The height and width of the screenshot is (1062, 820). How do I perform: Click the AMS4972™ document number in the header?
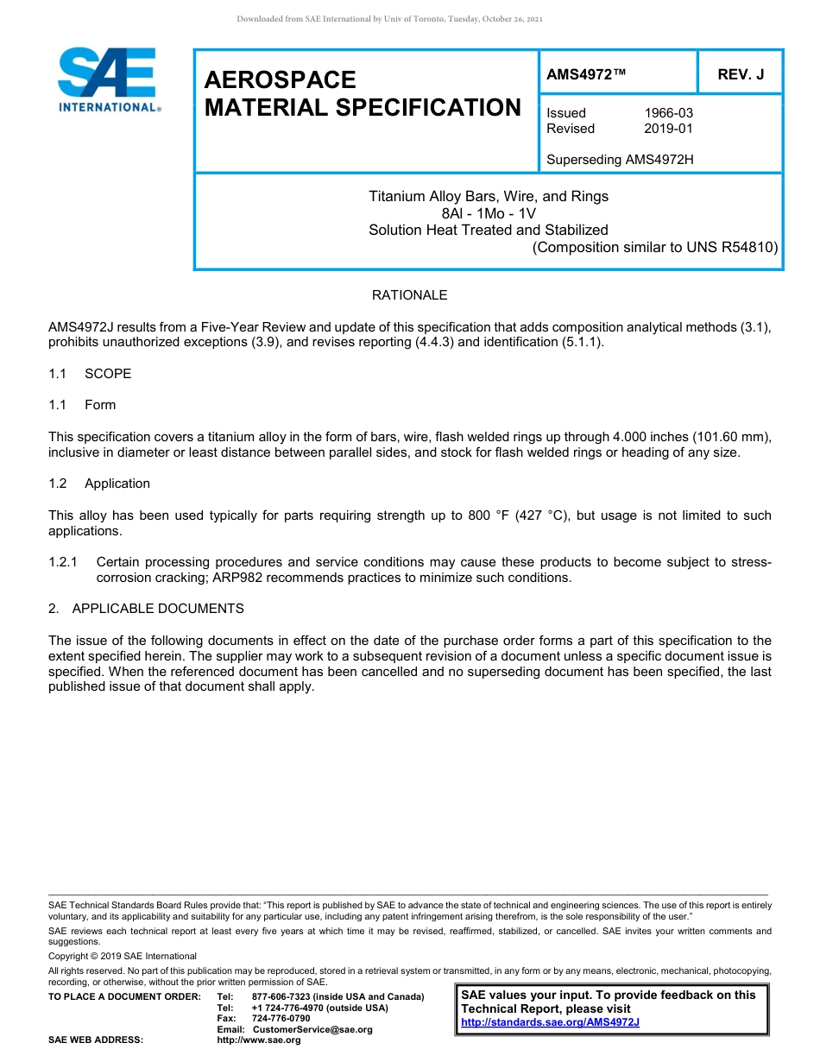586,74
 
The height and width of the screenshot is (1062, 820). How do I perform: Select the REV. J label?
741,74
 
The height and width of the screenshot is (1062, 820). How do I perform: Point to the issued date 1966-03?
668,113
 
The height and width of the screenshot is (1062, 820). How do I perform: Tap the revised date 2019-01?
668,129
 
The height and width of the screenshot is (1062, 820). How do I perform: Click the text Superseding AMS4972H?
620,160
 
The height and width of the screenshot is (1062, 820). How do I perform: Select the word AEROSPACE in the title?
280,80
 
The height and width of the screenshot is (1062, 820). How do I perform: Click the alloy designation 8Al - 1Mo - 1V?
489,213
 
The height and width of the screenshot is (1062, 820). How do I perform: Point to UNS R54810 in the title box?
732,247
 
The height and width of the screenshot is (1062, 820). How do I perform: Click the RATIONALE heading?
409,295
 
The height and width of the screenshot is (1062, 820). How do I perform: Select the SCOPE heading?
108,374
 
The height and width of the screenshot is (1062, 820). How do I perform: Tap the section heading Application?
117,484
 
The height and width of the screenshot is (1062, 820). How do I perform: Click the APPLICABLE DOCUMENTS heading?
158,609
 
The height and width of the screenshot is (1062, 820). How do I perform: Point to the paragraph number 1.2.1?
64,562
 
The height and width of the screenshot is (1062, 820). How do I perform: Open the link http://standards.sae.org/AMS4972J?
550,1022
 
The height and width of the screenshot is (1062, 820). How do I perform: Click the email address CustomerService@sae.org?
312,1029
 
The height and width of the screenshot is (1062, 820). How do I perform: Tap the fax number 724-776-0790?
281,1018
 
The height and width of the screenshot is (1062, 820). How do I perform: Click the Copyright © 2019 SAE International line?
123,956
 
